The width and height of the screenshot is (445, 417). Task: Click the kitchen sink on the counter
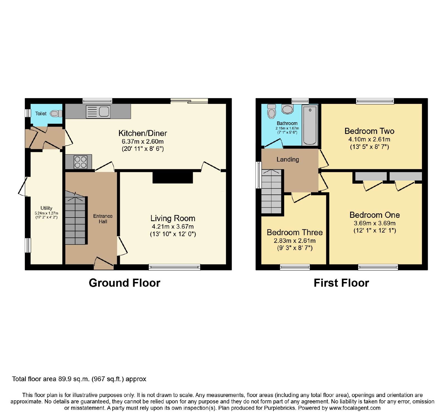[98, 112]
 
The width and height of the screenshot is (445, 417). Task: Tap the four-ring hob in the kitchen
[80, 162]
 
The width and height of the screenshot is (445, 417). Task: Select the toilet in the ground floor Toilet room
[56, 114]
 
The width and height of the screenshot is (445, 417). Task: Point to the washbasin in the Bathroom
[287, 109]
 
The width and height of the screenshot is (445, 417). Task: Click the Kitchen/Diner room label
[143, 133]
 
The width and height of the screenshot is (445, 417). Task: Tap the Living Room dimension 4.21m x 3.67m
[173, 226]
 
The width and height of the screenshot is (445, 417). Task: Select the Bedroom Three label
[295, 232]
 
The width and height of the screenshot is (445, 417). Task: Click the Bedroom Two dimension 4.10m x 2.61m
[369, 139]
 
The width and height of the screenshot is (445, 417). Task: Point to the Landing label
[288, 159]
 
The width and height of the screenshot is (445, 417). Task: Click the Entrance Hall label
[103, 219]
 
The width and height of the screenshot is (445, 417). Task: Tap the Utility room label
[46, 208]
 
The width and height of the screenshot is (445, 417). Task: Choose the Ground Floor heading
[125, 283]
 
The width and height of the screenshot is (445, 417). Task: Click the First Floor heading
[341, 283]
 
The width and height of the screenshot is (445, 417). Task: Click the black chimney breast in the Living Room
[173, 178]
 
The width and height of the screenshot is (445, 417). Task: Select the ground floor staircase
[75, 218]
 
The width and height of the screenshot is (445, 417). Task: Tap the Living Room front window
[174, 267]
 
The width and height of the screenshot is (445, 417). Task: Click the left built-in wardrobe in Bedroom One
[371, 176]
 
